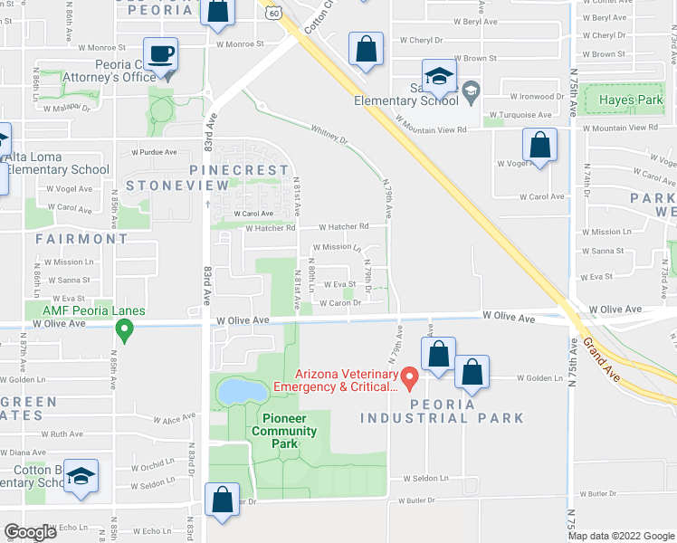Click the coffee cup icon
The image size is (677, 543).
(x=160, y=53)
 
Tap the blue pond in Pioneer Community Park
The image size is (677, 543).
(x=241, y=390)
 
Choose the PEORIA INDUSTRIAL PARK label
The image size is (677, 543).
(x=442, y=411)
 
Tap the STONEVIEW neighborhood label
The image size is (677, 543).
(x=178, y=186)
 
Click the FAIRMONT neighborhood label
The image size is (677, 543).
(x=82, y=239)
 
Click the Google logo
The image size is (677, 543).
(x=31, y=532)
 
